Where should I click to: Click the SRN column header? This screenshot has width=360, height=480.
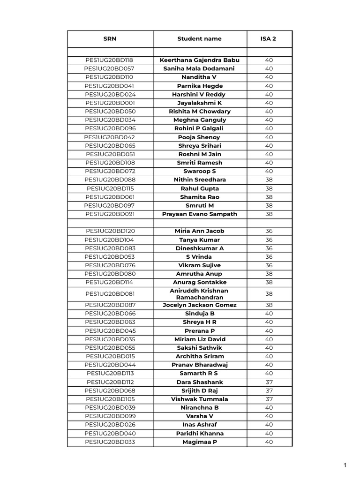[110, 39]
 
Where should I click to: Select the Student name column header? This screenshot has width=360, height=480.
[199, 39]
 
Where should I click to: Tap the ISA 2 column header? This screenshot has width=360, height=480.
[269, 39]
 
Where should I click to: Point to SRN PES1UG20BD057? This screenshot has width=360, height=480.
[110, 69]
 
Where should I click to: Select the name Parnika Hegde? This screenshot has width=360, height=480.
[200, 86]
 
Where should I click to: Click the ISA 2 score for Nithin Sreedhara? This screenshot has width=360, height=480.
[269, 180]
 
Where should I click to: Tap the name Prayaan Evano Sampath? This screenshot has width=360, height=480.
[200, 214]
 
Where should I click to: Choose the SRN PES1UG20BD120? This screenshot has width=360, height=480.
[110, 231]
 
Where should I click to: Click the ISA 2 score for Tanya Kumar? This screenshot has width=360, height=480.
[269, 240]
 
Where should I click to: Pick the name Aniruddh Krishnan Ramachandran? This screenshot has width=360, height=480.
[200, 294]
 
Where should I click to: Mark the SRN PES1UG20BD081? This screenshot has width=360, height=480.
[110, 294]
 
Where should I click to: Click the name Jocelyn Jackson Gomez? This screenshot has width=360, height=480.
[200, 305]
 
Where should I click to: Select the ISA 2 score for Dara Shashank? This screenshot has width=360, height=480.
[269, 382]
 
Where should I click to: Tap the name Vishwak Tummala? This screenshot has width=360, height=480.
[200, 399]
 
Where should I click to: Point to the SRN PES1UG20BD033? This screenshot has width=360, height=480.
[110, 442]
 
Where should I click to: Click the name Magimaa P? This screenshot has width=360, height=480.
[200, 442]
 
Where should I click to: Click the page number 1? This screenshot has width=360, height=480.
[345, 465]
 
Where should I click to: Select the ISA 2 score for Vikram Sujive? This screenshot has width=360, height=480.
[269, 265]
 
